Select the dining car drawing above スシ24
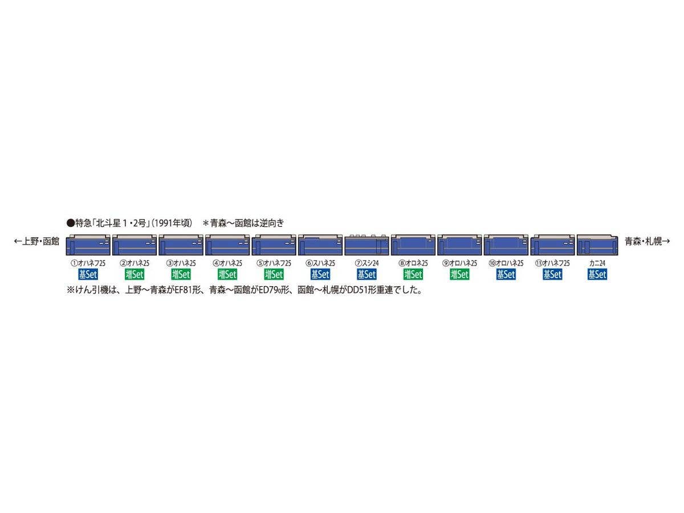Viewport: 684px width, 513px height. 367,245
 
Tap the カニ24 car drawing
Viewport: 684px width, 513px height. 597,245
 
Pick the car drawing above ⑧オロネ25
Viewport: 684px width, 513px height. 413,245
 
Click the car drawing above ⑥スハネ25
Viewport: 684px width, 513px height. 320,245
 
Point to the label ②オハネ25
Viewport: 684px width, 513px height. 135,263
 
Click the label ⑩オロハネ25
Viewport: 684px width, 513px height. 506,263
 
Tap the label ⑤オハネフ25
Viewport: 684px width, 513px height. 274,263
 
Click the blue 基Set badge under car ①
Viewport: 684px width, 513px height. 88,274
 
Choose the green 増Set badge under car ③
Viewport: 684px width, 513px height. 181,274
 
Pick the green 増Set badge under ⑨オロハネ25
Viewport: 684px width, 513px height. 459,274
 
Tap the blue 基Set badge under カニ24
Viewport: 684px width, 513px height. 597,274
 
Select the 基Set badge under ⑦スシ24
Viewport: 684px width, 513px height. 367,274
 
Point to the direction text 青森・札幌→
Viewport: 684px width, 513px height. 647,242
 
